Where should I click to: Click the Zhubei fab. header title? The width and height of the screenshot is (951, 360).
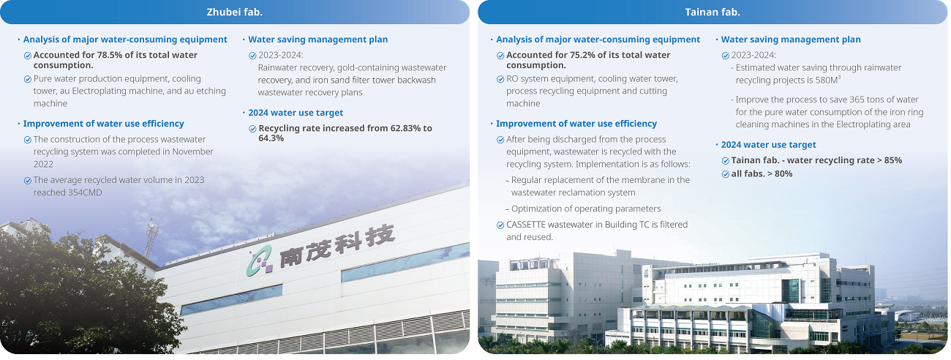[234, 12]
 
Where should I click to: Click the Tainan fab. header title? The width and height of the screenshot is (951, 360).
[713, 12]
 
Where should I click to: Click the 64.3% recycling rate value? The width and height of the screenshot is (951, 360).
[271, 138]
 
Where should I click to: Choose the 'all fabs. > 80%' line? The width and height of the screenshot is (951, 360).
[762, 173]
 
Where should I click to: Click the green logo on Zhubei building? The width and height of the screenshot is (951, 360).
[260, 260]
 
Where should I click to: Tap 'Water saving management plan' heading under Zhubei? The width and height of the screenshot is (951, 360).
[318, 40]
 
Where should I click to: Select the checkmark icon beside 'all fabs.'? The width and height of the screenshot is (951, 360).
[726, 174]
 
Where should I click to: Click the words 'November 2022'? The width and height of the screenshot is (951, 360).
[124, 157]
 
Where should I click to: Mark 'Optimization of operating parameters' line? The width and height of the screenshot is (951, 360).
[586, 209]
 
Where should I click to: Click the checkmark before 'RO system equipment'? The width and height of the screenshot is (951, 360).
[500, 79]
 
